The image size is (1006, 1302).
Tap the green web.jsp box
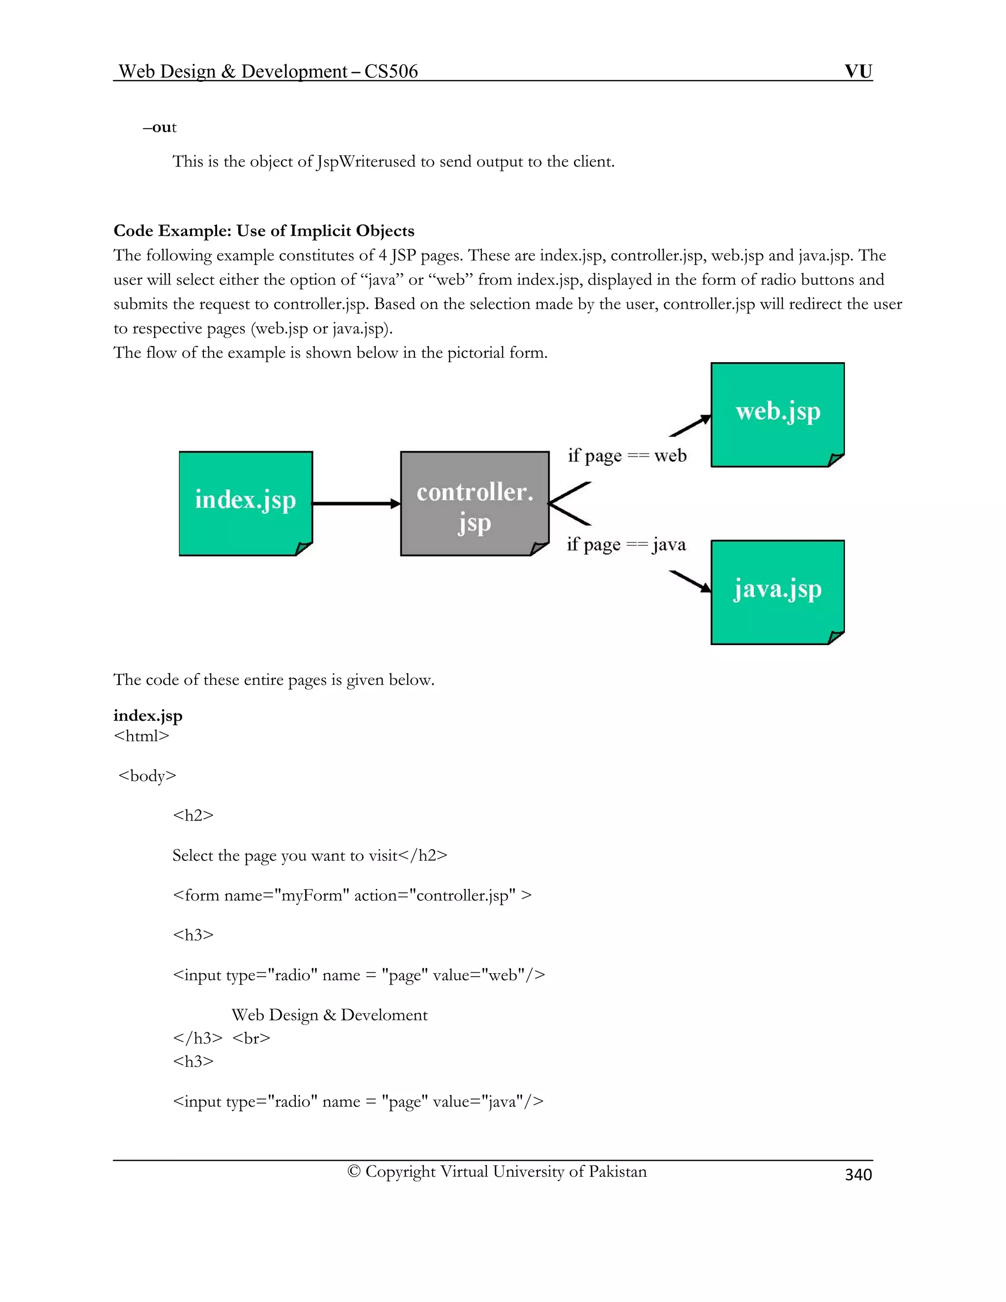[777, 414]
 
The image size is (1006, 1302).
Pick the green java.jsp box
[777, 592]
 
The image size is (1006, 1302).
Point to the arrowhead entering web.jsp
[706, 418]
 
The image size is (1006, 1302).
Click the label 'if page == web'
[627, 456]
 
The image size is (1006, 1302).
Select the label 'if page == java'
[626, 544]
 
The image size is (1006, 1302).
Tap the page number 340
[858, 1174]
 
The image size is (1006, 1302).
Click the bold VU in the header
[858, 72]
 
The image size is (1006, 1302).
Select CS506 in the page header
[391, 72]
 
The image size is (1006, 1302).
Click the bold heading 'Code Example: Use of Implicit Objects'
[264, 231]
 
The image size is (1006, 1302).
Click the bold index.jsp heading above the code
[148, 715]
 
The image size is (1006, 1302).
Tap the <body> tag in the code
[147, 776]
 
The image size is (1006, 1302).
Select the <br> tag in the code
[251, 1038]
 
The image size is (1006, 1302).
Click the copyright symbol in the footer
[354, 1171]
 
